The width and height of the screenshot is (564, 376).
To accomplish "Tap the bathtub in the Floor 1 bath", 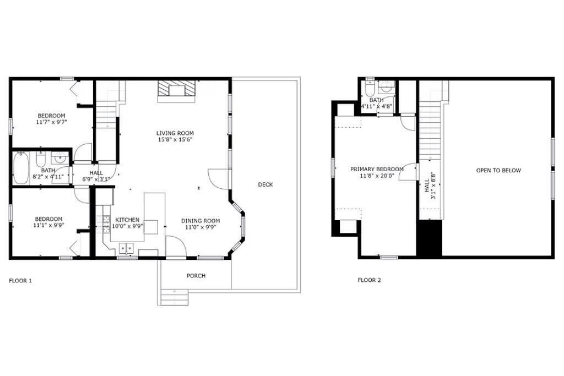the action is (x=21, y=168).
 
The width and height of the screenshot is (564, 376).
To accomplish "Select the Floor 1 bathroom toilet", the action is (x=41, y=159).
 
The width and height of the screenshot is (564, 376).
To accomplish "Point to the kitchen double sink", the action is (x=126, y=248).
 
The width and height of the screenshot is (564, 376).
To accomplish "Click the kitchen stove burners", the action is (x=106, y=224).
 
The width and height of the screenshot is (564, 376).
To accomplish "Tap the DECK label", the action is (x=265, y=184).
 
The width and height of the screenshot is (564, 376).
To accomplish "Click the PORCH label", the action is (x=196, y=276).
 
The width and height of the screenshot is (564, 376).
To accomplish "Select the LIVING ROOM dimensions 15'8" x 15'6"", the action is (x=175, y=139).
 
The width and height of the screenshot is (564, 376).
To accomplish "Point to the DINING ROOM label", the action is (x=200, y=221).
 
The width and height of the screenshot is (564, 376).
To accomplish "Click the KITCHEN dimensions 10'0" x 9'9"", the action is (x=127, y=226).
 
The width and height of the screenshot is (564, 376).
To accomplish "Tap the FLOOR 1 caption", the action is (x=20, y=281).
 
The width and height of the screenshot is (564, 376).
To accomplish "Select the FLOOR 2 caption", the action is (x=369, y=280).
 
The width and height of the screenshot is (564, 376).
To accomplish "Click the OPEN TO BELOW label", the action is (x=498, y=171).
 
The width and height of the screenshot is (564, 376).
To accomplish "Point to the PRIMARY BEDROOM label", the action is (x=377, y=170).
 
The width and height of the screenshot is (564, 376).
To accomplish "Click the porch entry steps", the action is (x=174, y=297).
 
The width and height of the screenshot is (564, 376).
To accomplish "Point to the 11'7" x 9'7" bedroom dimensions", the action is (x=52, y=122).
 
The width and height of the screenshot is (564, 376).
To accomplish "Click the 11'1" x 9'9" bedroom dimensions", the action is (x=48, y=225).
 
